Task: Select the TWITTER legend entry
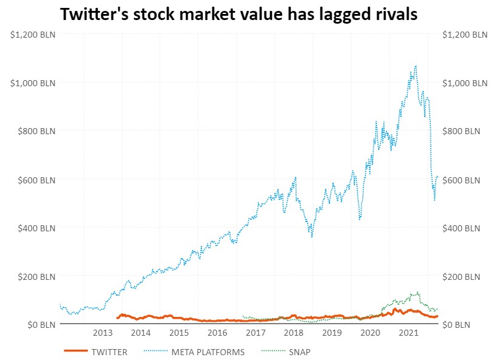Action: [109, 352]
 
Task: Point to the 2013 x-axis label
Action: [103, 333]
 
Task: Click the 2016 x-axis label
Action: [217, 333]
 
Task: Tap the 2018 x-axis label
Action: [294, 333]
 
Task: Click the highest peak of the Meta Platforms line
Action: [416, 66]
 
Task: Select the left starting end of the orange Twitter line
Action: [117, 318]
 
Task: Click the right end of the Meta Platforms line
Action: [438, 176]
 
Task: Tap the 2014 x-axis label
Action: [141, 333]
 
